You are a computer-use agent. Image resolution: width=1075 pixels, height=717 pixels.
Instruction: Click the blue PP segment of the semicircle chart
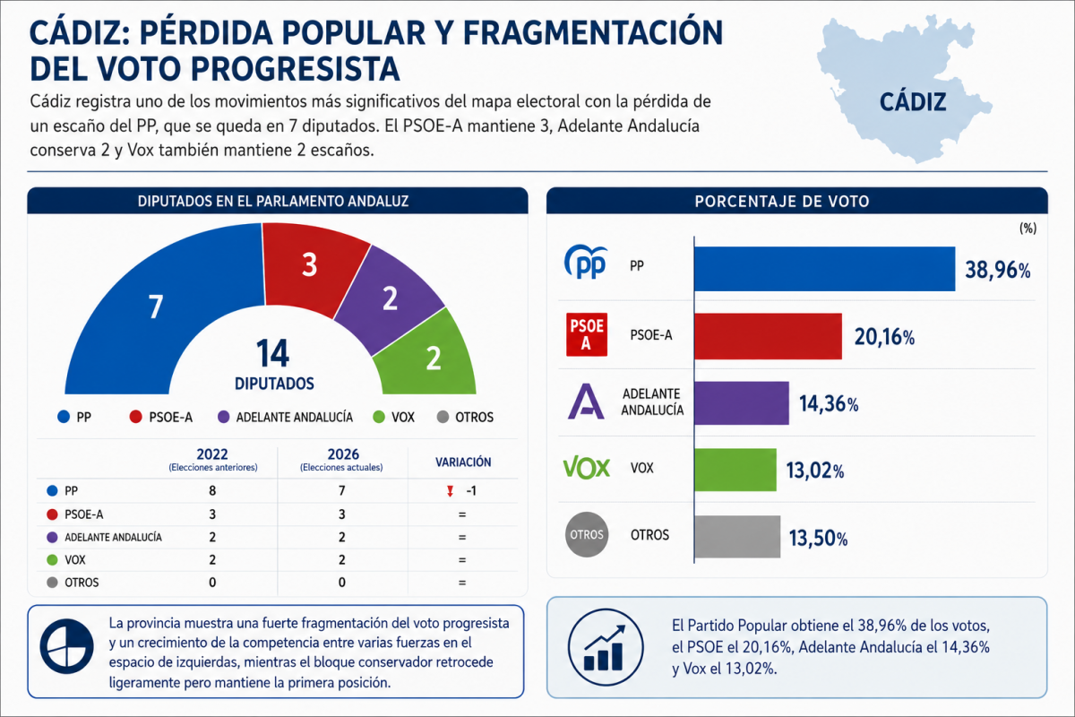coord(144,312)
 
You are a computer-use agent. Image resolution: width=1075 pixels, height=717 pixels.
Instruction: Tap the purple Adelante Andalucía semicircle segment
coord(389,300)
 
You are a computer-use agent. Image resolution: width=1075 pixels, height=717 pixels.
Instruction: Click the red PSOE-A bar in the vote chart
coord(768,336)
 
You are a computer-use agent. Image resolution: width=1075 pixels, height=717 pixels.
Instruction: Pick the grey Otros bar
coord(737,537)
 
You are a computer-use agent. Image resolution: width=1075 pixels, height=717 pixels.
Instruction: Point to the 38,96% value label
coord(998,270)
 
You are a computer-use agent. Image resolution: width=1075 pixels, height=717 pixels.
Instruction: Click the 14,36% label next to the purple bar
coord(829,404)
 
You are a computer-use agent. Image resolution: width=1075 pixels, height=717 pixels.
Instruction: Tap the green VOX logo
coord(587,468)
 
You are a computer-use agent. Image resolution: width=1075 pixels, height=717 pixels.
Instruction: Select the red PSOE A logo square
coord(587,334)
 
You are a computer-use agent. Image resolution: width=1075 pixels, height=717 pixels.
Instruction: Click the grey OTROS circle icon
coord(587,535)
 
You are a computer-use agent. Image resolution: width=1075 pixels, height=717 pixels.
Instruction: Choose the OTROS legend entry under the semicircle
coord(466,417)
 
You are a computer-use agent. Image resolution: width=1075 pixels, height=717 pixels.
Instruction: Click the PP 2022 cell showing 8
coord(212,490)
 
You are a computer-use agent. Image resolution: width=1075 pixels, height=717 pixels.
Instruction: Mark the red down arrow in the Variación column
coord(450,491)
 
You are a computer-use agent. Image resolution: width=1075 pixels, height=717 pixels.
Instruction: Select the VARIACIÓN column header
coord(463,462)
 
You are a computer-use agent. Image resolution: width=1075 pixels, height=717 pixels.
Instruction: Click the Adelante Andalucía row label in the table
coord(113,537)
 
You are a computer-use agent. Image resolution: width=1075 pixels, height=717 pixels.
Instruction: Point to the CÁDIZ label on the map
coord(913,102)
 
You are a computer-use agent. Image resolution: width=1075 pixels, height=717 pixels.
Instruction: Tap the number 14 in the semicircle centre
coord(272,353)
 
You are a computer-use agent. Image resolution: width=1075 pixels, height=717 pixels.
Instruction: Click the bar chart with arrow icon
coord(606,647)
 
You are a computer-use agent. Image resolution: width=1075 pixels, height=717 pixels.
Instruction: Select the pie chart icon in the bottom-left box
coord(66,646)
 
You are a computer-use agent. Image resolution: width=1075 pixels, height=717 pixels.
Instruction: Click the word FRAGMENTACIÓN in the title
coord(593,32)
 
